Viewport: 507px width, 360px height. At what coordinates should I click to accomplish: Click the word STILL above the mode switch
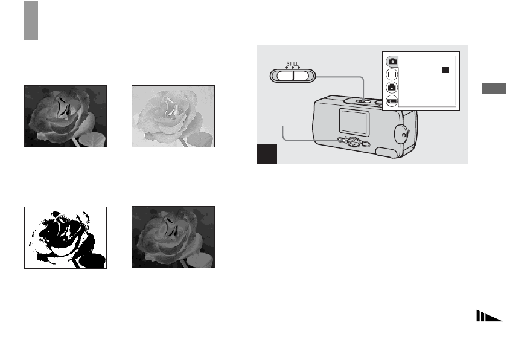292,62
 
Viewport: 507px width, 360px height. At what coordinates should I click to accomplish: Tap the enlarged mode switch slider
293,74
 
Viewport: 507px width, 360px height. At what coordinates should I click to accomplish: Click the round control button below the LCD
355,143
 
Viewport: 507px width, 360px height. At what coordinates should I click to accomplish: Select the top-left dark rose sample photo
65,116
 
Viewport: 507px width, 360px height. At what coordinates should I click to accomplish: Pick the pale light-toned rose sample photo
173,116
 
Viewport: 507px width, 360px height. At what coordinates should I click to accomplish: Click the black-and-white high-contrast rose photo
65,237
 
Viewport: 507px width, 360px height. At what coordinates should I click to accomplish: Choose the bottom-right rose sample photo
173,237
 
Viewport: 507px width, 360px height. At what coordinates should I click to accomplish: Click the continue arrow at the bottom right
489,318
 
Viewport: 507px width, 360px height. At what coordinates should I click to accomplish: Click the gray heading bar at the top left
31,21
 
